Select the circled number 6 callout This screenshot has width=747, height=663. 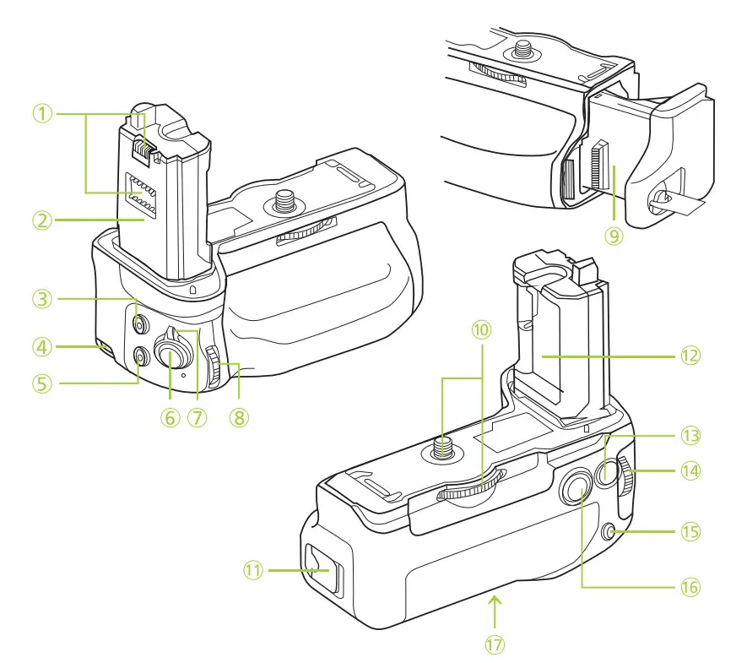(171, 417)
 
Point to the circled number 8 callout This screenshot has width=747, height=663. (240, 417)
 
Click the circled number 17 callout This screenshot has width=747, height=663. (495, 644)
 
